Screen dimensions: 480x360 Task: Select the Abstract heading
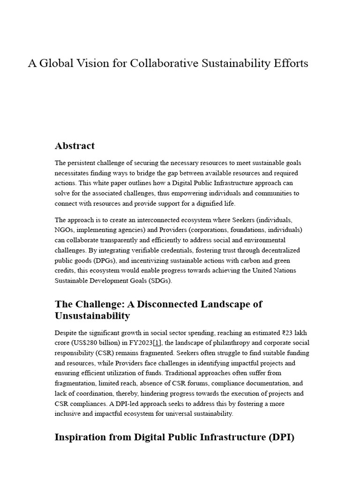pos(75,146)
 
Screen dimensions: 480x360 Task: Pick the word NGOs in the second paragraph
pos(63,230)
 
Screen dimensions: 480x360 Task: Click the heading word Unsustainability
pos(92,316)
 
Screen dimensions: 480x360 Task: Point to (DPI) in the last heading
pos(280,437)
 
